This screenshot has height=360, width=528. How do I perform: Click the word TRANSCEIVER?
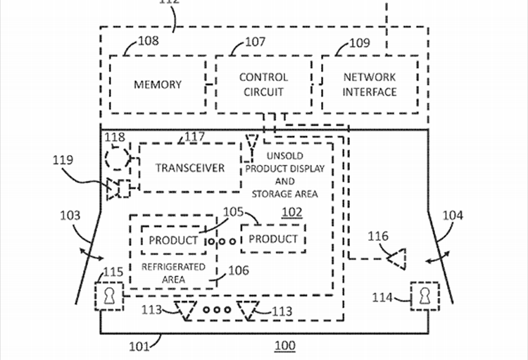click(190, 168)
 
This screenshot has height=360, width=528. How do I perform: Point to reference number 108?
click(149, 41)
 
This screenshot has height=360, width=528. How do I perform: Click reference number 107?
click(256, 42)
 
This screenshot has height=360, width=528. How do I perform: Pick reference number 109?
click(360, 43)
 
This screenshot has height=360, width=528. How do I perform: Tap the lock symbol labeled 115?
click(108, 297)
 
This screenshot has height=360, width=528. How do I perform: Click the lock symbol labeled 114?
click(425, 296)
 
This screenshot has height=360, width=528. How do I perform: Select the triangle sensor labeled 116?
click(397, 259)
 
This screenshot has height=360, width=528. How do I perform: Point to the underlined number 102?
click(292, 212)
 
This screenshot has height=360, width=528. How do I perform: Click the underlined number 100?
click(285, 346)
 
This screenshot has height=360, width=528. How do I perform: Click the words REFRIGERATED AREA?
click(173, 273)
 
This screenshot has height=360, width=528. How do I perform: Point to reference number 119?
click(63, 160)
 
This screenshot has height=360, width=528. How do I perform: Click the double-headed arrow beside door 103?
click(92, 254)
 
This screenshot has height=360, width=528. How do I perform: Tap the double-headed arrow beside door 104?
click(437, 257)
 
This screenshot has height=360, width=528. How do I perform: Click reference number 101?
click(139, 346)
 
